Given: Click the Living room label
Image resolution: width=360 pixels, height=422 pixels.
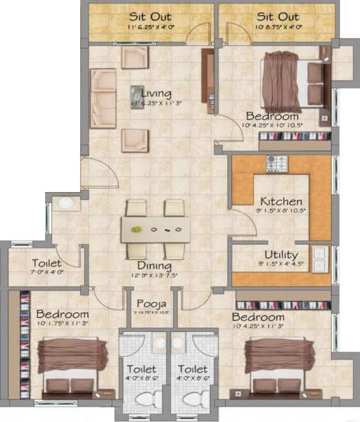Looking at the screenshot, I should coord(156,93).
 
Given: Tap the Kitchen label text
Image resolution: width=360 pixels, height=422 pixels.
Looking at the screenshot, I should coord(281,201).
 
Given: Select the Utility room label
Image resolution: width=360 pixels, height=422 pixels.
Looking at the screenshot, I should coord(281,255).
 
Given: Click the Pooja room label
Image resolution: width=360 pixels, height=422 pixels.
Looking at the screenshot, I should coord(150,304).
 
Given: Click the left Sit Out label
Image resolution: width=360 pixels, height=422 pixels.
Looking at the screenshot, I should coord(147,16).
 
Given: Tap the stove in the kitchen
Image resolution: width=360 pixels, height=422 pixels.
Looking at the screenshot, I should coord(276,163).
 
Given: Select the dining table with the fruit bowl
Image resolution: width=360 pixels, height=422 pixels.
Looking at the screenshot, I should coord(155,229).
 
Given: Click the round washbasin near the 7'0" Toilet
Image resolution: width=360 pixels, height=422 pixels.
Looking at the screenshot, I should coord(66,204).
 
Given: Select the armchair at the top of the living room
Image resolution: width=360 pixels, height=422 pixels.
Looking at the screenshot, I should coord(135,58).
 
